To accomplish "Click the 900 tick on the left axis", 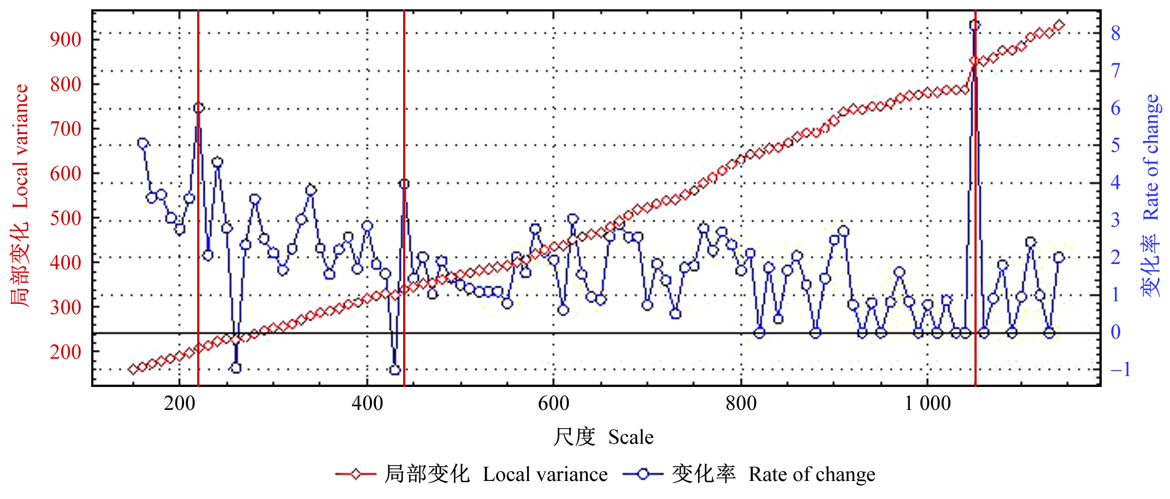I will pos(66,39).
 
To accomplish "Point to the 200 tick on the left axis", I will pos(66,352).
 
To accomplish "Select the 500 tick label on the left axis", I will pos(66,218).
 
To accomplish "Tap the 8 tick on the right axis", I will pos(1116,33).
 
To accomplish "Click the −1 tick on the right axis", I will pos(1119,369).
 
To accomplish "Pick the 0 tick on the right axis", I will pos(1116,332).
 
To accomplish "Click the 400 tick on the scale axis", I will pos(367,403).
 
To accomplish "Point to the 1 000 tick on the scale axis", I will pos(927,403).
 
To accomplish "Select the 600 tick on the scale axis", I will pos(553,403).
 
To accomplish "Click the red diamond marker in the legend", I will pos(356,474).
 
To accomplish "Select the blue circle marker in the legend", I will pos(643,474).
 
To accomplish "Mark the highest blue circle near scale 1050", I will pos(974,25).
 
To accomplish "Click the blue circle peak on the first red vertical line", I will pos(199,108).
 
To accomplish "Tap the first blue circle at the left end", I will pos(143,144).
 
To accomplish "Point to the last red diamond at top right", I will pos(1059,25).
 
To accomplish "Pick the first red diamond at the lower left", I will pos(133,369).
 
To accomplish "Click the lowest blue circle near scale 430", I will pos(395,370).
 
